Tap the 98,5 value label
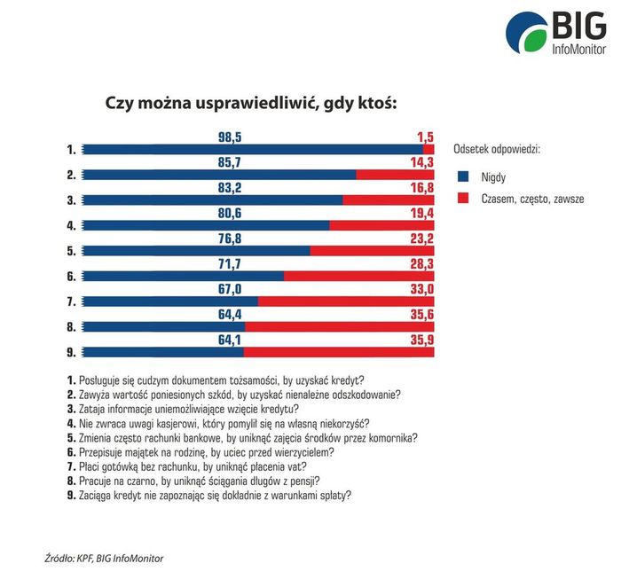(230, 136)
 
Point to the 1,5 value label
(424, 136)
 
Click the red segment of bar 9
(339, 352)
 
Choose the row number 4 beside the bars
(70, 225)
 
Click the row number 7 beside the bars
(70, 301)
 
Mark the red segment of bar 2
(395, 175)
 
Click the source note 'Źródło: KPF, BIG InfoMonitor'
(105, 558)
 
